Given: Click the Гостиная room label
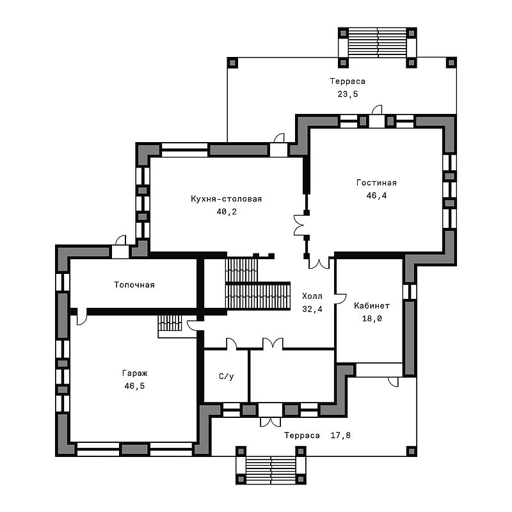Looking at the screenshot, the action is (376, 182).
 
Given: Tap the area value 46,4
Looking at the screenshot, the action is (376, 196).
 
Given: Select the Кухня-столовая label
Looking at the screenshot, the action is (227, 199).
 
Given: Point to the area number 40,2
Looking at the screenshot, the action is (227, 212).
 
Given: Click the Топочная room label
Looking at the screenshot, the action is (134, 285).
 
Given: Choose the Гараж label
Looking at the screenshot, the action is (135, 373).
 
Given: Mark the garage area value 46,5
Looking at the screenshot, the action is (134, 386).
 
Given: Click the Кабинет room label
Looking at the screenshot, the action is (372, 306).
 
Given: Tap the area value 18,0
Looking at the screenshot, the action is (372, 319).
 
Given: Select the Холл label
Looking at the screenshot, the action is (312, 296).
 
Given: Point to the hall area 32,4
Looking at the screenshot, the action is (312, 309).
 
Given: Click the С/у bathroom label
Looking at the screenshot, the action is (227, 376).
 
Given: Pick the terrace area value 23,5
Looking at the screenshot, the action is (348, 94).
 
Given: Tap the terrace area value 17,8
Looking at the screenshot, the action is (340, 435).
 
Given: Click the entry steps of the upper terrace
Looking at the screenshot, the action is (378, 43).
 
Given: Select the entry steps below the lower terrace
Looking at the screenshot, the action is (271, 470).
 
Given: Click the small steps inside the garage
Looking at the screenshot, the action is (170, 323).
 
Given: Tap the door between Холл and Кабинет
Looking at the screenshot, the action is (340, 298).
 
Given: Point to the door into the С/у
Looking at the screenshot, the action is (232, 344).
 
